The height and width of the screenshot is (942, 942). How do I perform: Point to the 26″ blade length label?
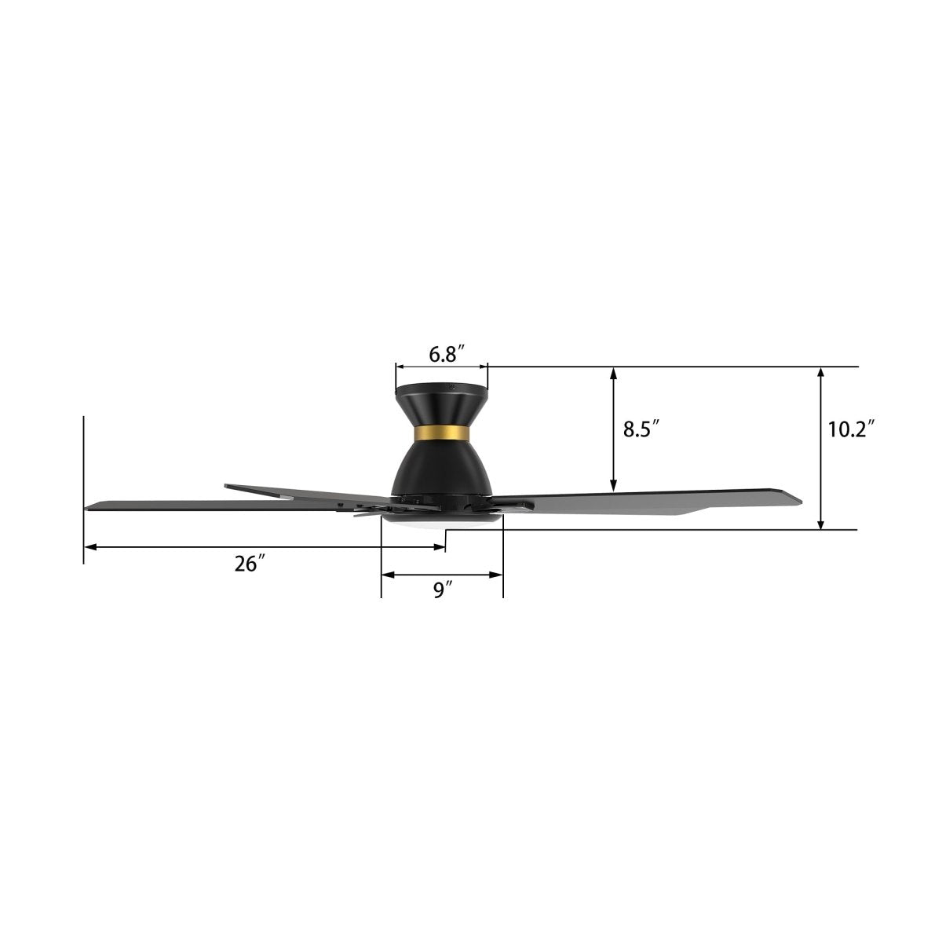tap(250, 564)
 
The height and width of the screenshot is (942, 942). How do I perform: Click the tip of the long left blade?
tap(89, 506)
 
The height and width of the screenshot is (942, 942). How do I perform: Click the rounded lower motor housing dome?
tap(440, 467)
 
